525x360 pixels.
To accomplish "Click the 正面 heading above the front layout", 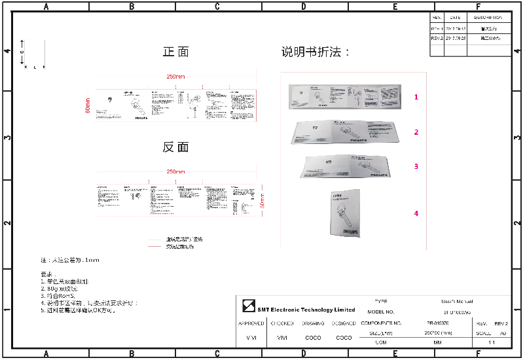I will tap(175, 52).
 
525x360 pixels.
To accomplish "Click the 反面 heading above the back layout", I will tap(175, 147).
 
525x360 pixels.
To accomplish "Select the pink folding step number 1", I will tap(416, 97).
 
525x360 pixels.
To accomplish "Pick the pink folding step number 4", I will tap(416, 213).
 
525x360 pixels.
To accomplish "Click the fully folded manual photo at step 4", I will tap(344, 213).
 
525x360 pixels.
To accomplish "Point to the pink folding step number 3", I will tap(416, 166).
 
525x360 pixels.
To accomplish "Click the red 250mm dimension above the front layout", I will tap(175, 77).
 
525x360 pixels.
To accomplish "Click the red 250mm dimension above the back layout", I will tap(175, 171).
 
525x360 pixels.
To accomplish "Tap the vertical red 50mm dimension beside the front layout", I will tap(88, 105).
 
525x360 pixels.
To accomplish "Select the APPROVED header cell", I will tap(251, 323).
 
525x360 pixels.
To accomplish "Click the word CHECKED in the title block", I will tap(282, 323).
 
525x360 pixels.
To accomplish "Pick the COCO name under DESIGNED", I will tap(344, 338).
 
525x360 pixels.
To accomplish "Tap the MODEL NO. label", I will tap(381, 312).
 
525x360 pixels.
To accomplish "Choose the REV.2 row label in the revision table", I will tap(437, 39).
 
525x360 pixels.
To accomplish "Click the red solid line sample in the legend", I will tap(154, 247).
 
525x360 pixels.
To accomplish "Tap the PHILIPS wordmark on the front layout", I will tap(142, 120).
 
